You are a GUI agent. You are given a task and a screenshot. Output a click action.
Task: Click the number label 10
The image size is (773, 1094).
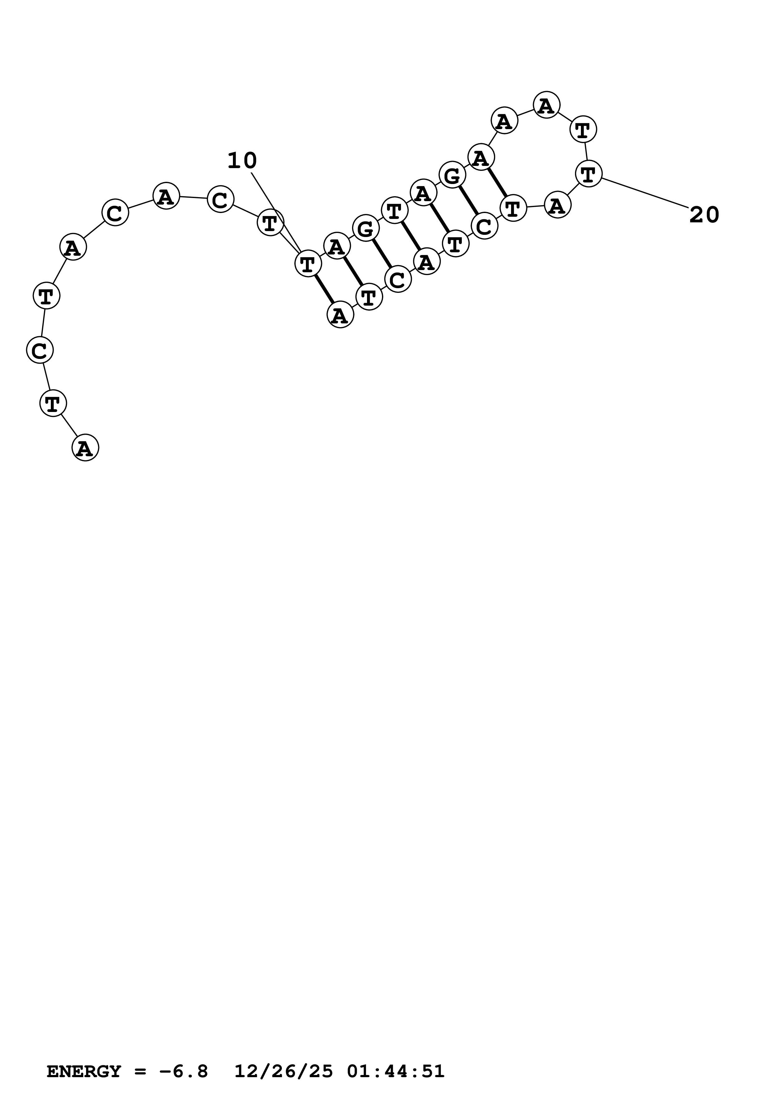coord(242,161)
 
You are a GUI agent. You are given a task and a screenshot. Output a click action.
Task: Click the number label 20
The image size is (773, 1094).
coord(704,216)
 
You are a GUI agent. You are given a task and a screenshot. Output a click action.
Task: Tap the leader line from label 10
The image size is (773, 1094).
coord(275,211)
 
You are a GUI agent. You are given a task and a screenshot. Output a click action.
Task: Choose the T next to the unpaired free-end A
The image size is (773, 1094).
coord(53,403)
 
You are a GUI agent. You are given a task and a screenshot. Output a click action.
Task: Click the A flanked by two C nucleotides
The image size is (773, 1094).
coord(166,196)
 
